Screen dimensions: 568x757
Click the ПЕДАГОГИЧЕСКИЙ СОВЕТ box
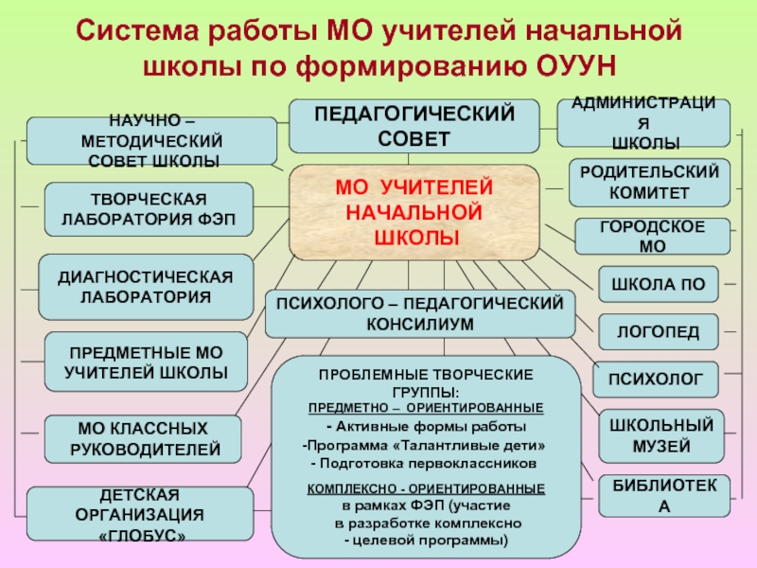tap(414, 126)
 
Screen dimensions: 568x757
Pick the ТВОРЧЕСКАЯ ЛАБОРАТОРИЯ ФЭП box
tap(150, 209)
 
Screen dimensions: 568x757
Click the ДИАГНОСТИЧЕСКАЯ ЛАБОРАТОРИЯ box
tap(146, 286)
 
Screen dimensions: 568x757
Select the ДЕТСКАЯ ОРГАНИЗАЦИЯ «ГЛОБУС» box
tap(141, 514)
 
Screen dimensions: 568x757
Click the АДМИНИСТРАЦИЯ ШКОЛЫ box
tap(644, 122)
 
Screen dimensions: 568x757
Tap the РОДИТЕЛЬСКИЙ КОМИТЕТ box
tap(648, 181)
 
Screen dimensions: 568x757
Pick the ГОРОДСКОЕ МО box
tap(652, 237)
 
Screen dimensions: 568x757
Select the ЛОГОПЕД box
tap(658, 330)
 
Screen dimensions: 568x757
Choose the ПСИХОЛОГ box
tap(655, 380)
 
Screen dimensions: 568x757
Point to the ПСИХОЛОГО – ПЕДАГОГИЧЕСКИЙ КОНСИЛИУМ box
tap(419, 313)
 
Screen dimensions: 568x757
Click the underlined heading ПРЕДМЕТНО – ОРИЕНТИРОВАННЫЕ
tap(426, 407)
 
